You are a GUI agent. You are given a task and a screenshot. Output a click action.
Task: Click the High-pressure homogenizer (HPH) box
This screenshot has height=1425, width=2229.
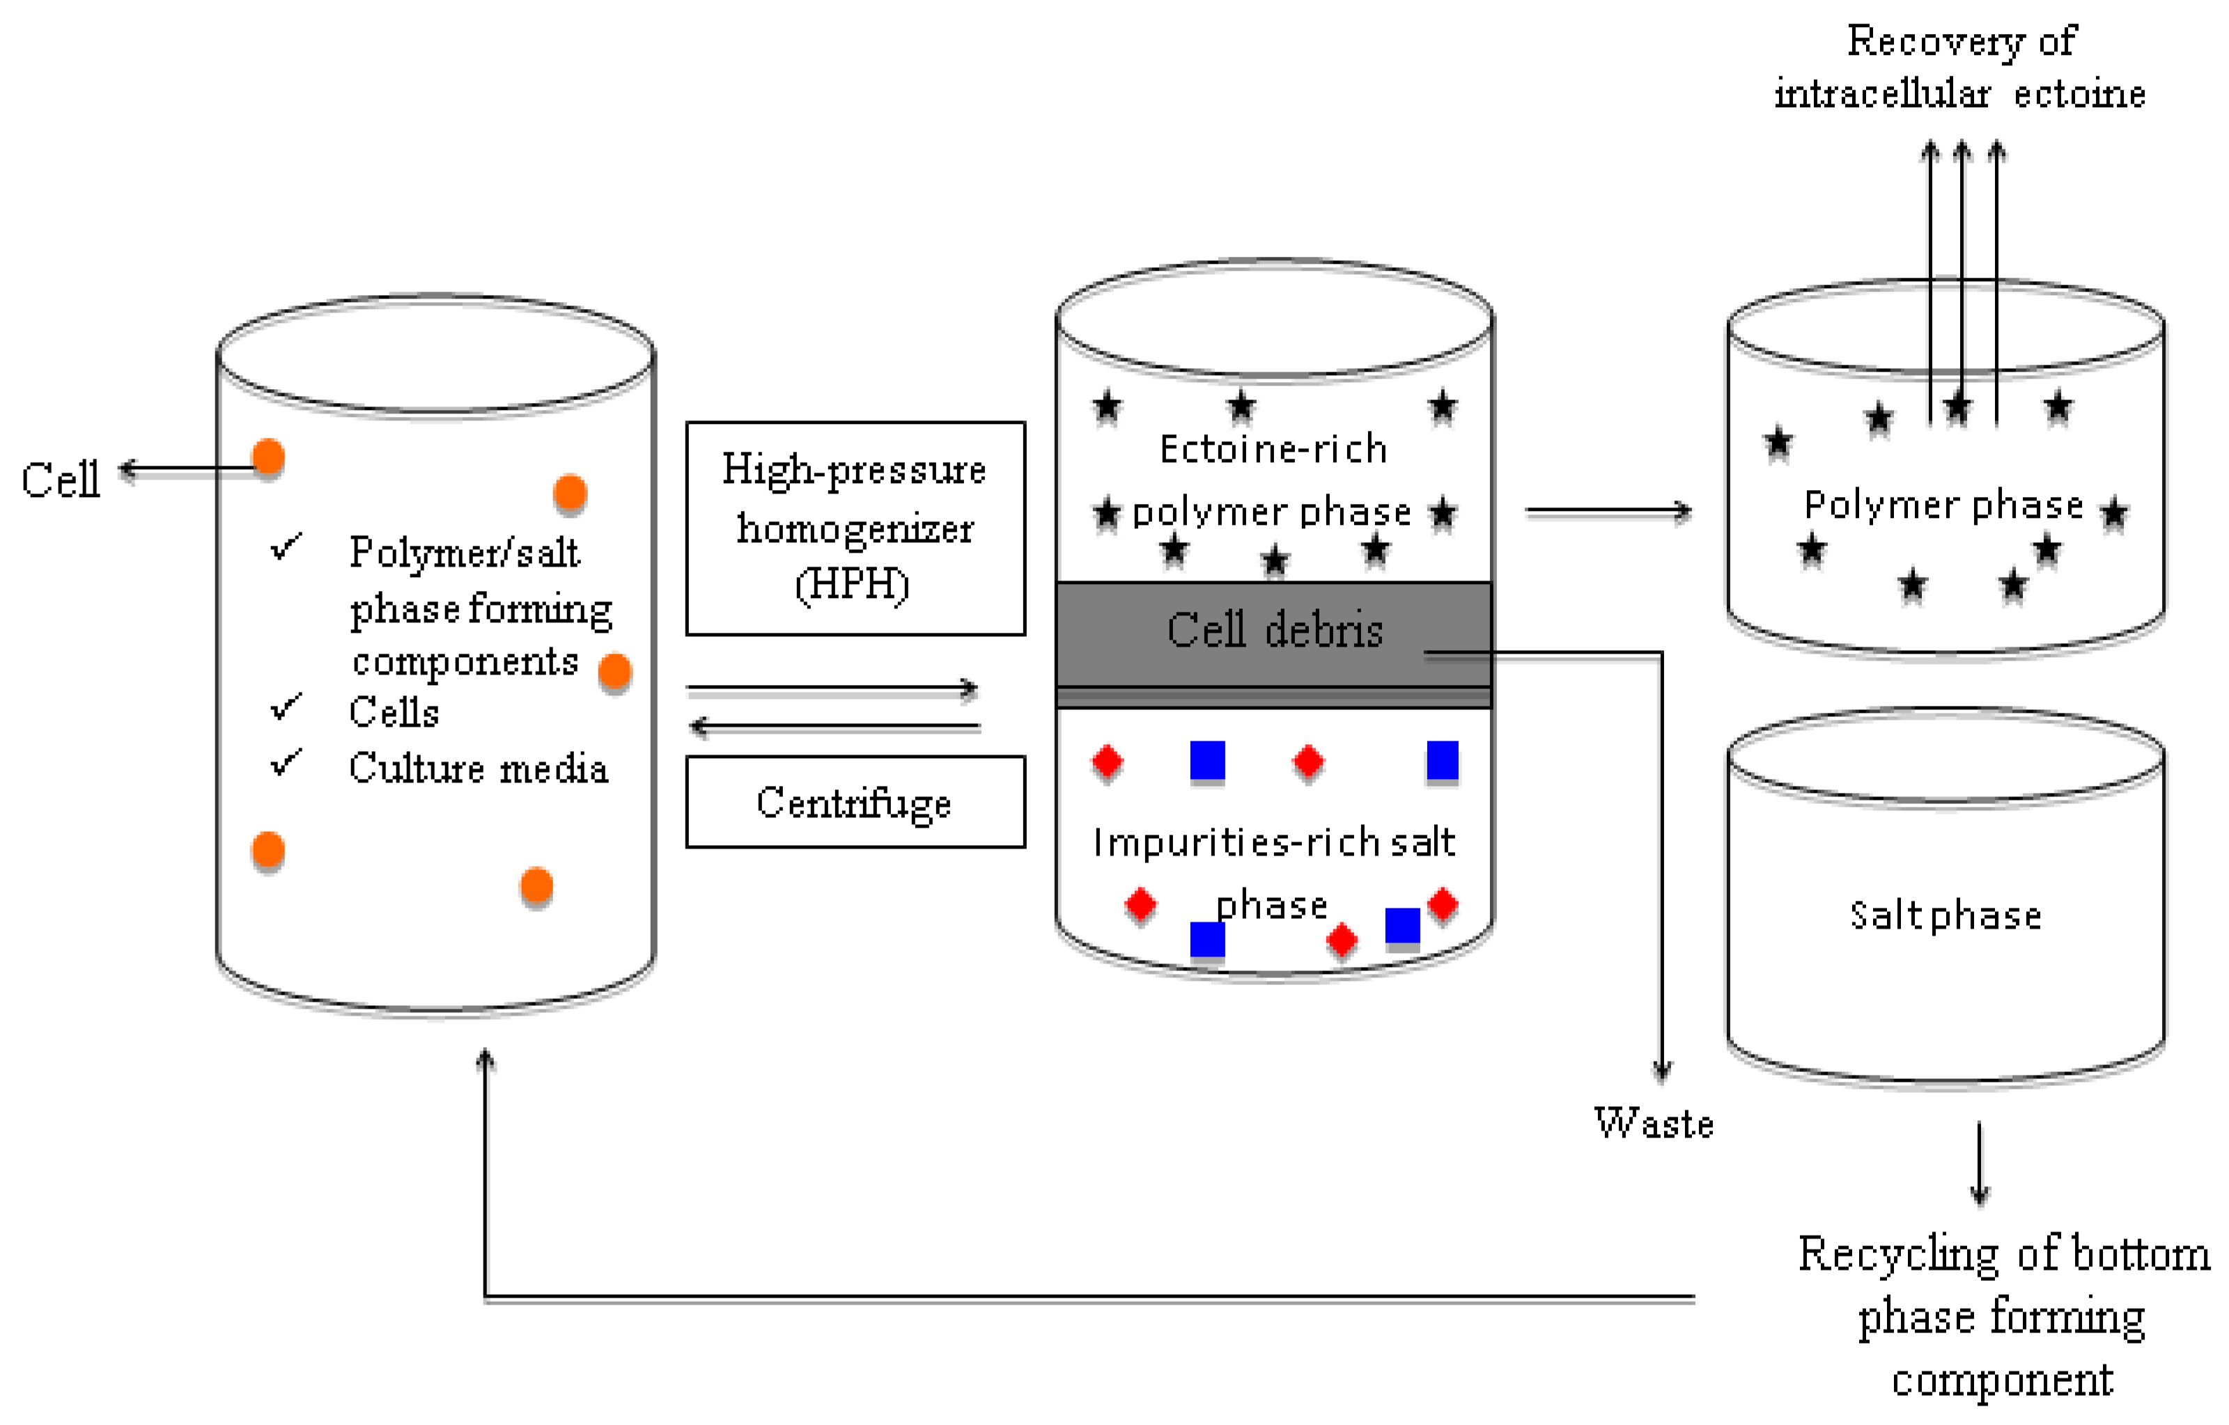click(855, 528)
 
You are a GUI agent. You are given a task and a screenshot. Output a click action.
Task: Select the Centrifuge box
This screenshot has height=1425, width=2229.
click(855, 801)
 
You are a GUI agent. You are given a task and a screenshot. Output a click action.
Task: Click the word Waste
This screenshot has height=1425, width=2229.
click(1653, 1124)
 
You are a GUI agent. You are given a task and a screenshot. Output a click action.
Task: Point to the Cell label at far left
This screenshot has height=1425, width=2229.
click(60, 480)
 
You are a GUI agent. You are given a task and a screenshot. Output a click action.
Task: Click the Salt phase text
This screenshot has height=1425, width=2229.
click(1945, 916)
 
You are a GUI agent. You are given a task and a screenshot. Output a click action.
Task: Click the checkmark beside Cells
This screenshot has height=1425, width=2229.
click(286, 708)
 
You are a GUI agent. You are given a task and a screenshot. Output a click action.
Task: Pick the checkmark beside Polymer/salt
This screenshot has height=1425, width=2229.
click(286, 547)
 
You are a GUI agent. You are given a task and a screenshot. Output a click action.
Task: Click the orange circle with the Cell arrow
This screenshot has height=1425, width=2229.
click(268, 458)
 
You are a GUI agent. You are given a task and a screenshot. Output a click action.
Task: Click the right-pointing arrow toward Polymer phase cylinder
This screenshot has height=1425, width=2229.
click(1608, 511)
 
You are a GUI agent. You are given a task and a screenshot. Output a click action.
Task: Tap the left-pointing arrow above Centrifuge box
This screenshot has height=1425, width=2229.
click(833, 727)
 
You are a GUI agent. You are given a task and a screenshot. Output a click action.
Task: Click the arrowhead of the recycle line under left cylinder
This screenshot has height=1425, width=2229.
click(485, 1060)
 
